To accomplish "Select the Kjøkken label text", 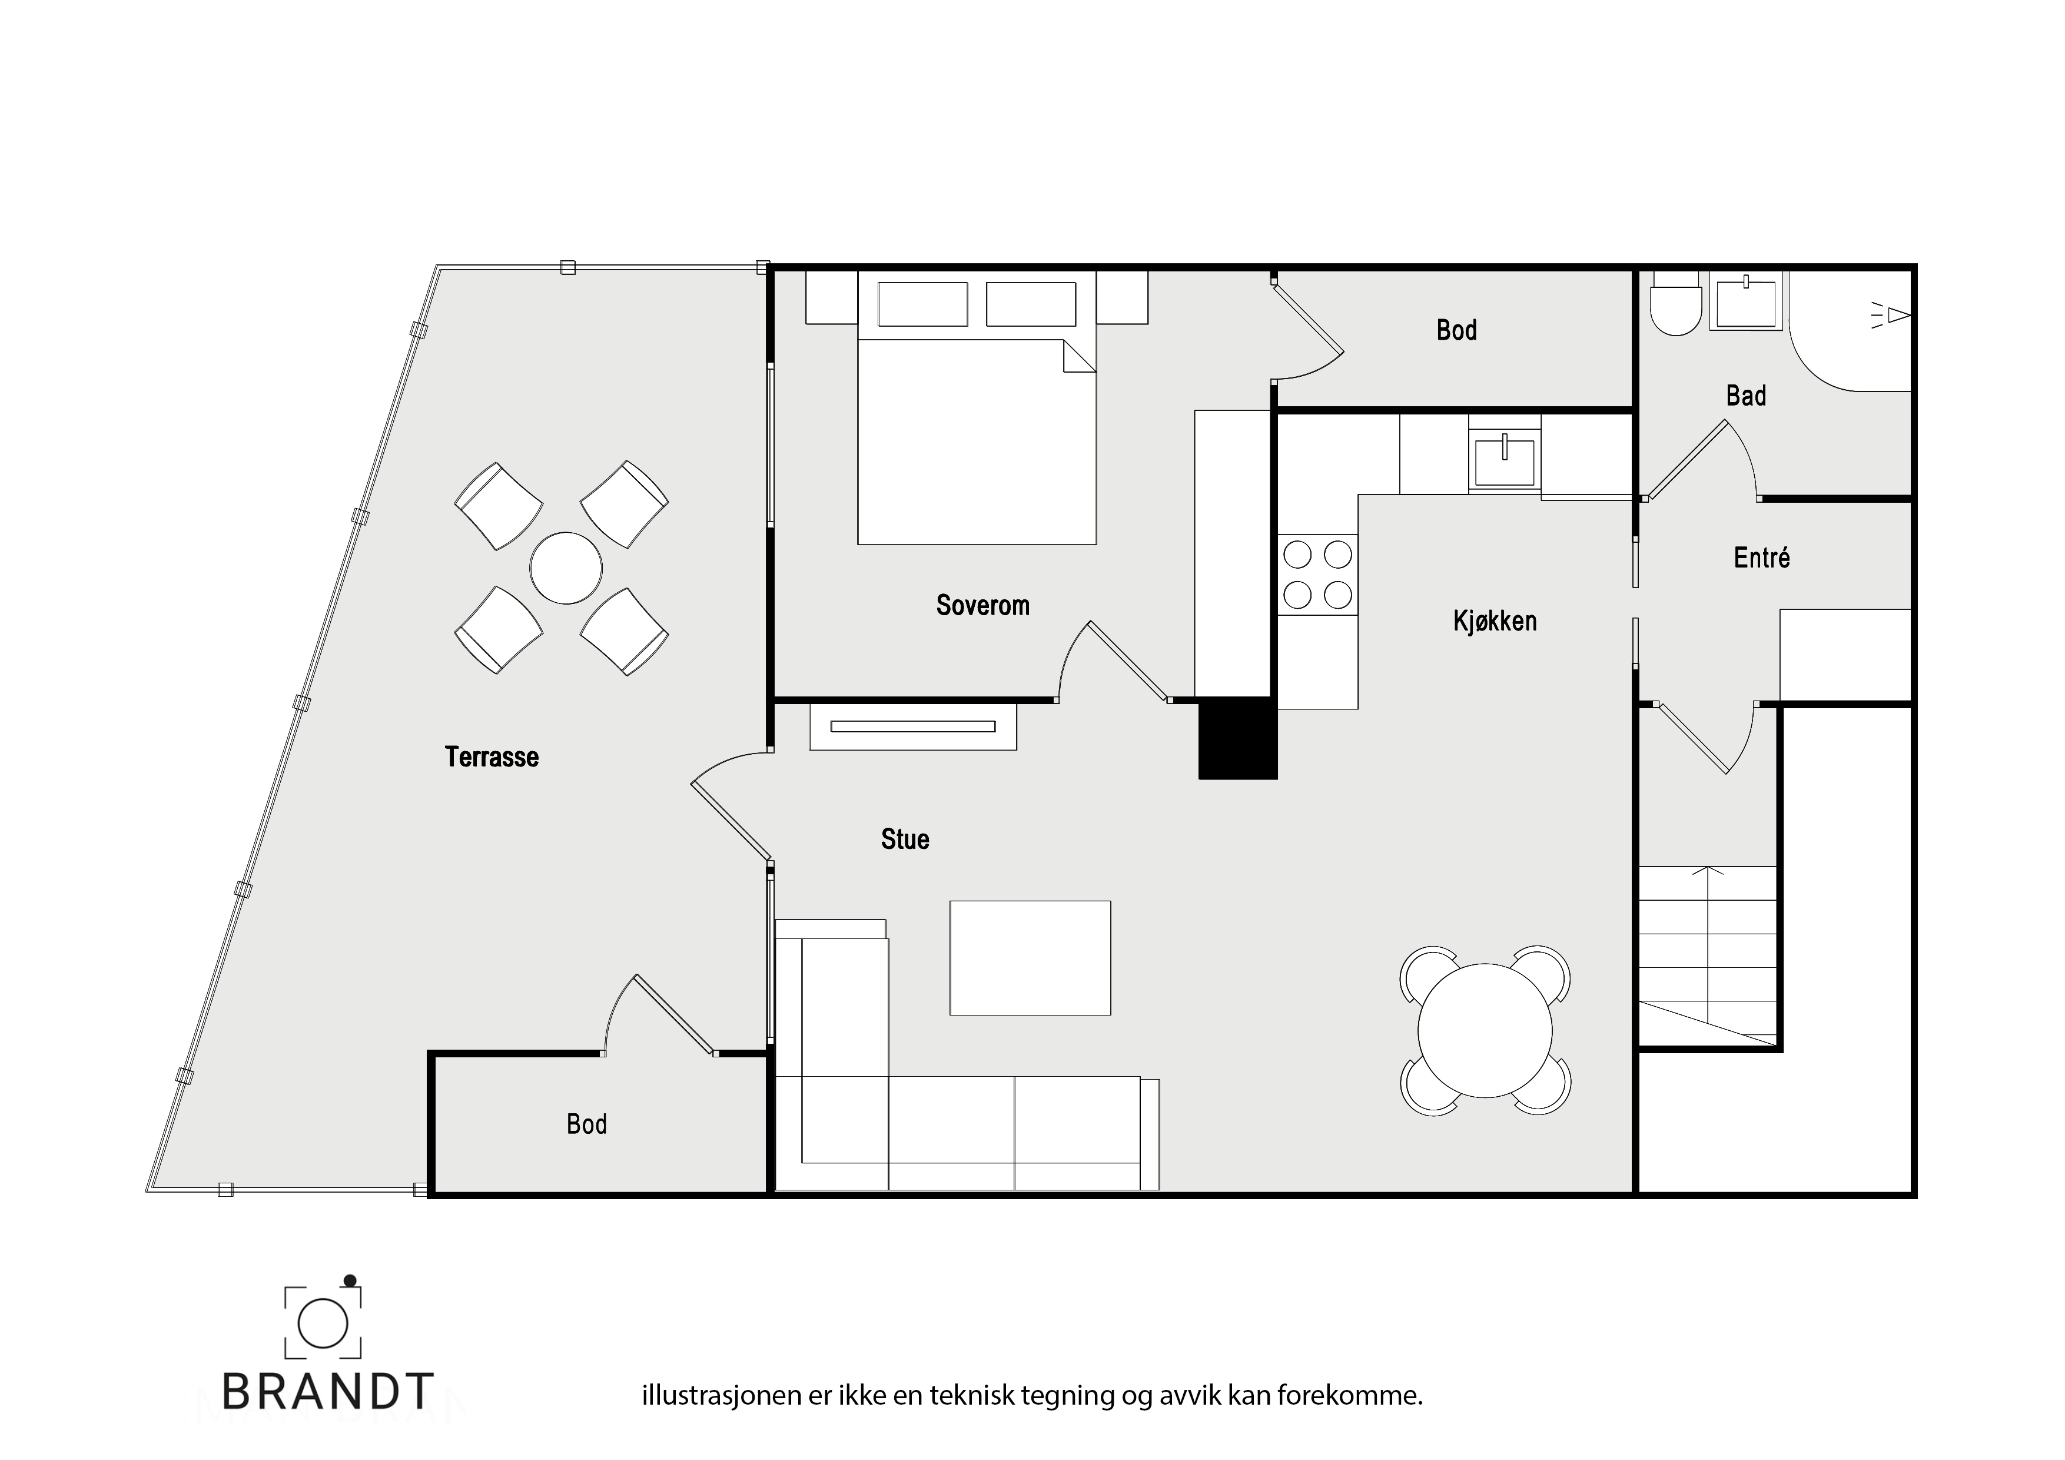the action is (1495, 620).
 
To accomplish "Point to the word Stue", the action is (905, 839).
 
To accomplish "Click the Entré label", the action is (1761, 558).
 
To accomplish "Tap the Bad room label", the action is (1746, 396).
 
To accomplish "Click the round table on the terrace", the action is (566, 568).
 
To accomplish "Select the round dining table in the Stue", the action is (1485, 1031).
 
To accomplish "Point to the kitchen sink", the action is (1504, 462).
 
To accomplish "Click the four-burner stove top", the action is (1317, 574).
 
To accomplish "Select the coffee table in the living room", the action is (1031, 958).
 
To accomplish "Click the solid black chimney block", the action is (1237, 738).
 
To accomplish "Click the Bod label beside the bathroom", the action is (1456, 330).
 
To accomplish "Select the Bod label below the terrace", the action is (586, 1124).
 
